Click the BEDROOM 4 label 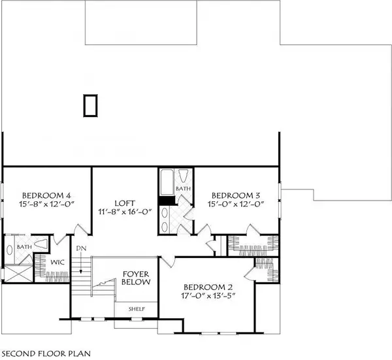46,195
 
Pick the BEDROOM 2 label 208,287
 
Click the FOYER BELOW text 137,278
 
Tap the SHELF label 136,308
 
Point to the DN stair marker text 80,248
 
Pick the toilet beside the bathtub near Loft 184,176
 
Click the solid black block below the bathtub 166,202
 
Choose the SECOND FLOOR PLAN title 44,353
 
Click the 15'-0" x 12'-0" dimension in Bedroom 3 235,205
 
